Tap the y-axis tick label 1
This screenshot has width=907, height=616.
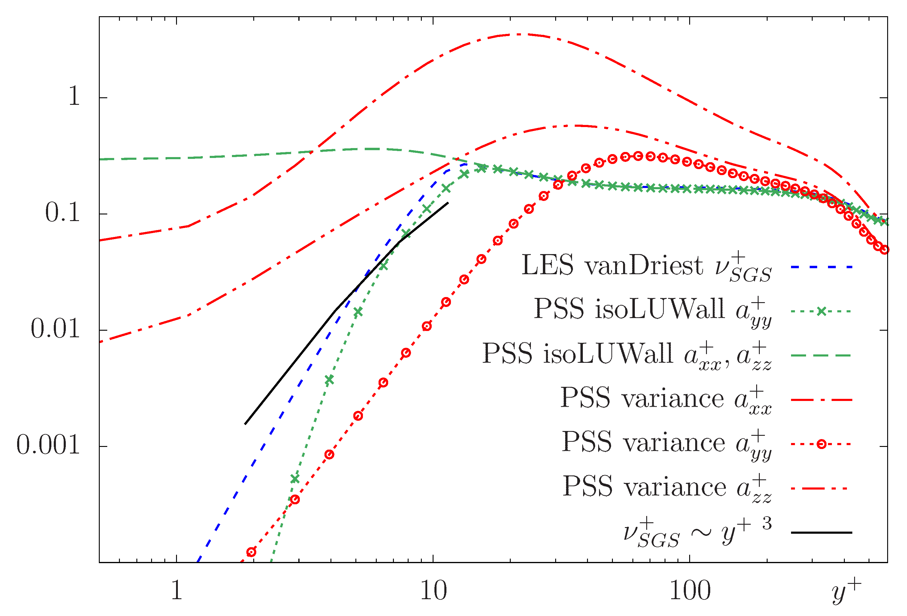coord(74,96)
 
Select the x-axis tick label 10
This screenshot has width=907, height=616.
coord(433,591)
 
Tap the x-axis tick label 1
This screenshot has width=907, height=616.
coord(176,591)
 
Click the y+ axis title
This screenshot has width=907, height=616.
coord(846,590)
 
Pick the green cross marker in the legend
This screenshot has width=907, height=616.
coord(822,311)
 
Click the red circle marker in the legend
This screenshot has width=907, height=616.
coord(822,444)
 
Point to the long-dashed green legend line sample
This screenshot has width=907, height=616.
coord(821,355)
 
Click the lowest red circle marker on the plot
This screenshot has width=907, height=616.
coord(251,552)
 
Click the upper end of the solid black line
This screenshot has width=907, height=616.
coord(448,202)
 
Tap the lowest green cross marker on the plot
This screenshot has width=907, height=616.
coord(295,478)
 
